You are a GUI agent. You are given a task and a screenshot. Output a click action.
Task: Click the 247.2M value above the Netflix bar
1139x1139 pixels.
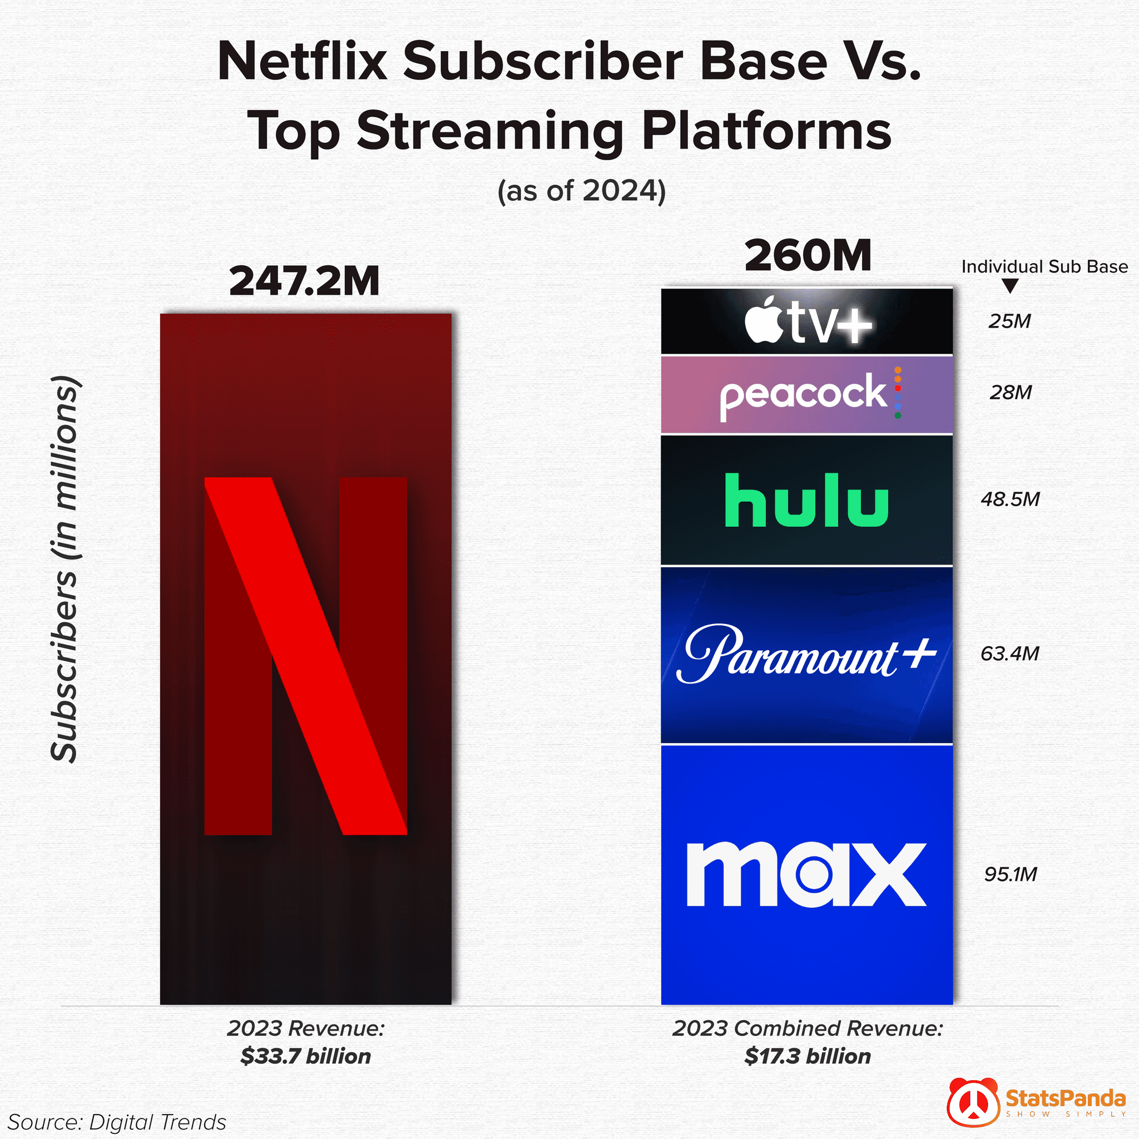[304, 281]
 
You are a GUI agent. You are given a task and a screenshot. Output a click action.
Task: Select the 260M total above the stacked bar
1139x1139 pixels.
[807, 256]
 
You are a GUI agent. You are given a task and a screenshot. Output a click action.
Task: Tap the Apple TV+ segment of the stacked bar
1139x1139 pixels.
[806, 321]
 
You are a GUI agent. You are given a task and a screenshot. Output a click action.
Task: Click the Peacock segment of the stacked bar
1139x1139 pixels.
[806, 394]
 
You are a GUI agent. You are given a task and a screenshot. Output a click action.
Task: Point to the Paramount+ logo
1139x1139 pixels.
[806, 654]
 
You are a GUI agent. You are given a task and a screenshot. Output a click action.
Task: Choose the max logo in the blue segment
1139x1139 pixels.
[806, 874]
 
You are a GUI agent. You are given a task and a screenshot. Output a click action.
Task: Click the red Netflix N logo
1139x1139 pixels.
[305, 656]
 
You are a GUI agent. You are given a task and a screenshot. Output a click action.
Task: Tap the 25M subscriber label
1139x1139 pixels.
[1010, 321]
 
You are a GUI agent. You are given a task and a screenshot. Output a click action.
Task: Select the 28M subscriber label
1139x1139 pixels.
[1011, 392]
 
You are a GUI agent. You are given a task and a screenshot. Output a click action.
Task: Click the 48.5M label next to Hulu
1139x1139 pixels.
[1010, 499]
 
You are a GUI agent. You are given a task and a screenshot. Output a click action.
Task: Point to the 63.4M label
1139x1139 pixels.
[1009, 653]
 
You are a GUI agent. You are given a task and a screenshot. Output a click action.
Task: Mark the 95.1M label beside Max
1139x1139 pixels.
[1010, 874]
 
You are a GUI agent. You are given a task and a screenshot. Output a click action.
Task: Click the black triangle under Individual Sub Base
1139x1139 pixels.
[1010, 286]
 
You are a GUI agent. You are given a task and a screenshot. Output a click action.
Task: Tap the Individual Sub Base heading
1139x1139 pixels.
[1044, 266]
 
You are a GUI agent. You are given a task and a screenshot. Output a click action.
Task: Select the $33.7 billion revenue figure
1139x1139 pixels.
[305, 1056]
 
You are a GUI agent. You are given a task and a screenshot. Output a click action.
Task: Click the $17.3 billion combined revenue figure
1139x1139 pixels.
[807, 1056]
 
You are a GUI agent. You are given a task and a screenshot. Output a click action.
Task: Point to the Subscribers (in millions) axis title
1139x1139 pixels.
[65, 569]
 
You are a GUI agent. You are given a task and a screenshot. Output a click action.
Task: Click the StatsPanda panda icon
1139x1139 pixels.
[973, 1102]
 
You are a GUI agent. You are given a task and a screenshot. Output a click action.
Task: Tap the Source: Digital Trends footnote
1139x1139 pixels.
[117, 1122]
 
